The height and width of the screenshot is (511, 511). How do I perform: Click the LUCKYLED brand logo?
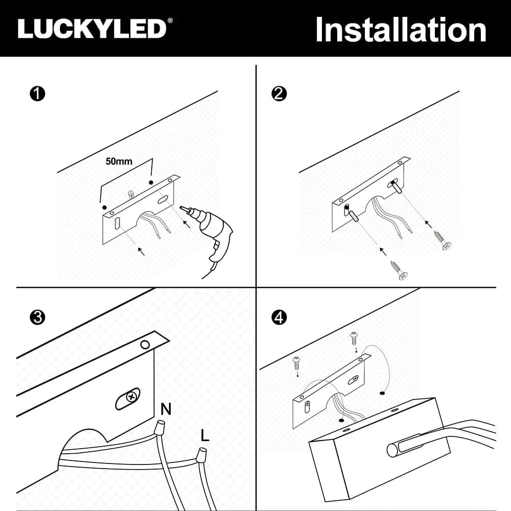pos(95,29)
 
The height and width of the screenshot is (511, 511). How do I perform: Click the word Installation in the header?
pos(401,30)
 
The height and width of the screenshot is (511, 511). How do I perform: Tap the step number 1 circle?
pos(37,94)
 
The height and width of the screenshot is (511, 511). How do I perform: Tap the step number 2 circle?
pos(279,94)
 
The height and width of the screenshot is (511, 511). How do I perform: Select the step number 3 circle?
pos(37,317)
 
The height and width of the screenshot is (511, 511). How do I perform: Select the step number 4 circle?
pos(279,317)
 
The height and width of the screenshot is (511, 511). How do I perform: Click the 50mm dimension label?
pos(119,161)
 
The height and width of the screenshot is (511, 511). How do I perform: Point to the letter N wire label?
pos(166,409)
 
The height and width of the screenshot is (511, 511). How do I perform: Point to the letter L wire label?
pos(205,435)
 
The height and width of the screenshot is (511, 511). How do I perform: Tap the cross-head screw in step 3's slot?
pos(132,397)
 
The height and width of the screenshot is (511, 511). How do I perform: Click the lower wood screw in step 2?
pos(399,270)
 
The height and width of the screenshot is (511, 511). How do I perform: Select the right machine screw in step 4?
pos(354,339)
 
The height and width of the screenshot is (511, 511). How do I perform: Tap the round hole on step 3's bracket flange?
pos(145,345)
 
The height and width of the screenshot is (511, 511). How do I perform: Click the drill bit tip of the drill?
pos(181,207)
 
